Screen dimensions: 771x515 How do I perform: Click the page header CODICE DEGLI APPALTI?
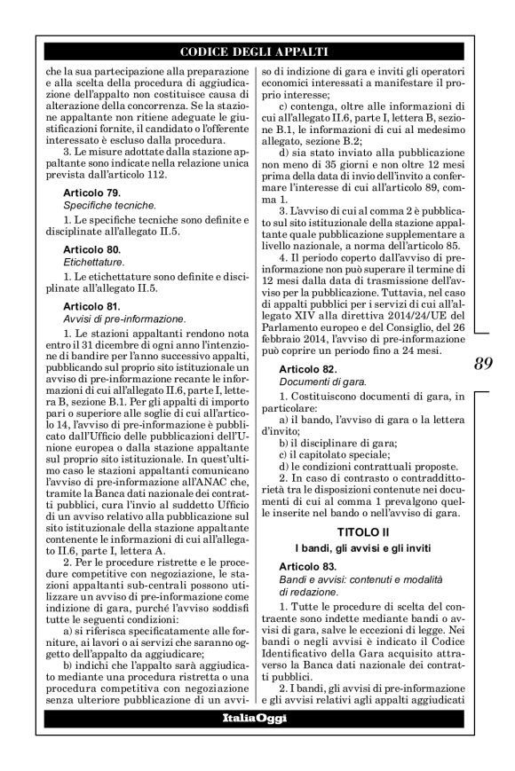click(x=255, y=50)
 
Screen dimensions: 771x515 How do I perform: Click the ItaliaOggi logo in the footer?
click(x=255, y=718)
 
